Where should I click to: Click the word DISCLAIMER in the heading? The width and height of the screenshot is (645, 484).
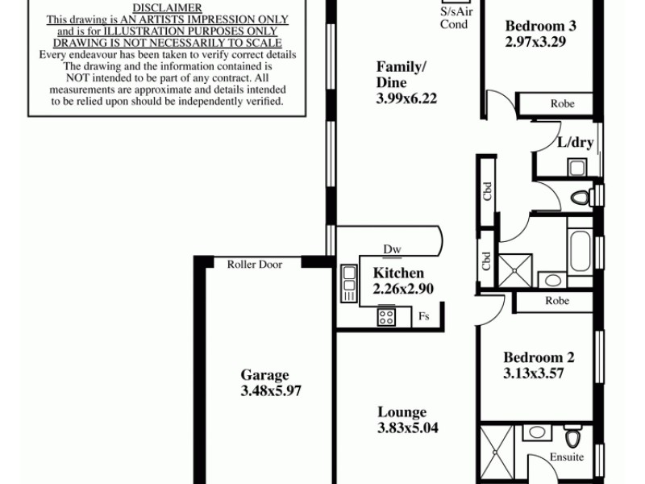[x=166, y=8]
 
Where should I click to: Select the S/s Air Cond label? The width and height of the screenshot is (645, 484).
[x=454, y=19]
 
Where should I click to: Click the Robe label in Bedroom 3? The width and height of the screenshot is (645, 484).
[x=562, y=104]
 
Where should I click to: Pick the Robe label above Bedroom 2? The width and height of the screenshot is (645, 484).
[x=556, y=301]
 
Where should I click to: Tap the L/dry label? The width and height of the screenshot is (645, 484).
[x=576, y=143]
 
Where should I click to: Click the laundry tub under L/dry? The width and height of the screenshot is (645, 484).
[x=576, y=167]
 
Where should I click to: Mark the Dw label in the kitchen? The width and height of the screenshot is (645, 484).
[x=393, y=249]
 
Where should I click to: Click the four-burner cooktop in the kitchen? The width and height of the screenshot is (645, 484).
[x=386, y=317]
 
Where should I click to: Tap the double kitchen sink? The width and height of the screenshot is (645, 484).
[x=349, y=284]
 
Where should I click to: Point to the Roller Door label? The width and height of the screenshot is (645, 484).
[x=254, y=264]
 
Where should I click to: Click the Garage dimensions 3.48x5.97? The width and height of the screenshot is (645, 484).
[x=264, y=391]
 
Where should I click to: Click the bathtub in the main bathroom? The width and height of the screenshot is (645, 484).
[x=580, y=252]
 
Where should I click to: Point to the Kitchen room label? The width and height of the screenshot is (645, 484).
[x=398, y=273]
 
